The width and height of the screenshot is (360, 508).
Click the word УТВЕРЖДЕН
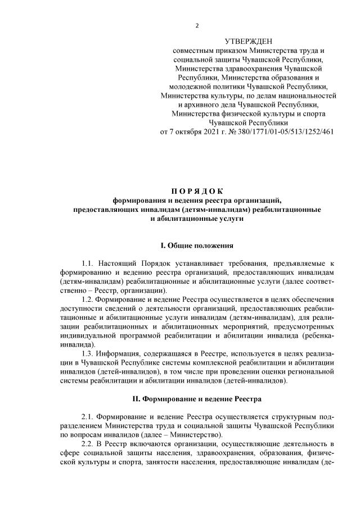(x=248, y=42)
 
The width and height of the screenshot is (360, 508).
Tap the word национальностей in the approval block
(x=307, y=96)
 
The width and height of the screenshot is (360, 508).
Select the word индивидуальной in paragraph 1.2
(x=87, y=336)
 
